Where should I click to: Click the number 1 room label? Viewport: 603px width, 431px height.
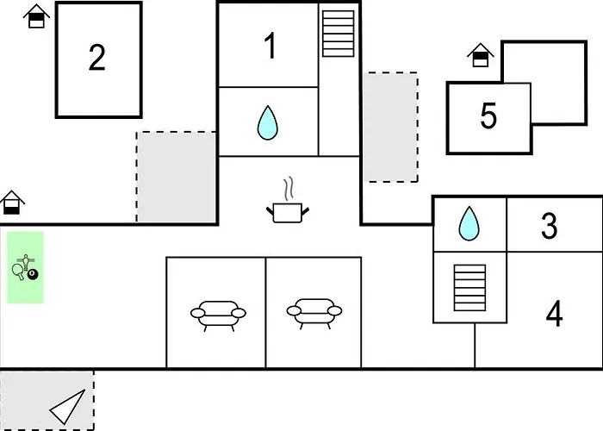pyautogui.click(x=270, y=46)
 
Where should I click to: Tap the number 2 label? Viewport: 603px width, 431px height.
pyautogui.click(x=97, y=58)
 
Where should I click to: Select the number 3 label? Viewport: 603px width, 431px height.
pyautogui.click(x=549, y=226)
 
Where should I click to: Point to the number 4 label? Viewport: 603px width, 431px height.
pyautogui.click(x=554, y=315)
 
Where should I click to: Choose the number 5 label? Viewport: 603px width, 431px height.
pyautogui.click(x=488, y=116)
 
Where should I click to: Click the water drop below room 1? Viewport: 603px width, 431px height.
pyautogui.click(x=269, y=123)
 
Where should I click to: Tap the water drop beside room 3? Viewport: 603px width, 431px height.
pyautogui.click(x=469, y=223)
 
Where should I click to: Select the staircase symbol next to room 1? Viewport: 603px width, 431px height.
pyautogui.click(x=339, y=34)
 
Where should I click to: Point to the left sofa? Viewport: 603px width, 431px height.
pyautogui.click(x=216, y=313)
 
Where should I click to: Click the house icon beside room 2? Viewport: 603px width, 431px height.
pyautogui.click(x=35, y=16)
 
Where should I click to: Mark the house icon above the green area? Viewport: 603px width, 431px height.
pyautogui.click(x=12, y=203)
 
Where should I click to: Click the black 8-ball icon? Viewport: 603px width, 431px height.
pyautogui.click(x=33, y=275)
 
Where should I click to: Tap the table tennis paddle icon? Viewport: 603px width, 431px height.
pyautogui.click(x=18, y=272)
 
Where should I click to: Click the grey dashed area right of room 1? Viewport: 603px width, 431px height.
pyautogui.click(x=389, y=127)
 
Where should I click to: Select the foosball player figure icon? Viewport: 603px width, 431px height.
pyautogui.click(x=27, y=259)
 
